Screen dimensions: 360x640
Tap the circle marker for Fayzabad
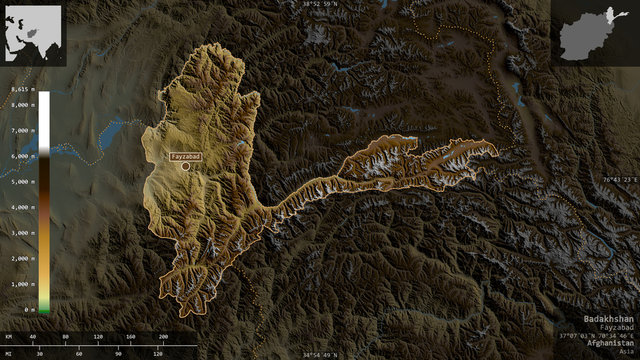click(x=185, y=166)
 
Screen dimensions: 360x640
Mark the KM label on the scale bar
click(x=9, y=337)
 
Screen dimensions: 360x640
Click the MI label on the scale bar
click(x=9, y=353)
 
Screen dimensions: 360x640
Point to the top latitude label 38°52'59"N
click(x=319, y=5)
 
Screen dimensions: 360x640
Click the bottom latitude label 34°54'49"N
click(x=319, y=354)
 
